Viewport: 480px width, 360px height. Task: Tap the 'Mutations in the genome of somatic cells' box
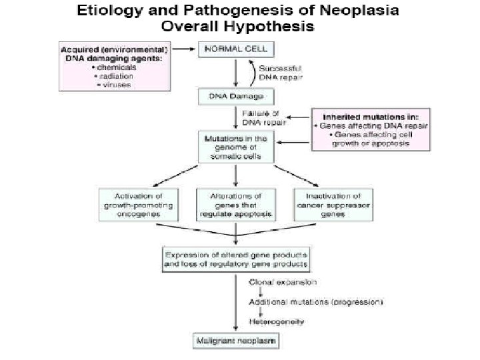point(235,147)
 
